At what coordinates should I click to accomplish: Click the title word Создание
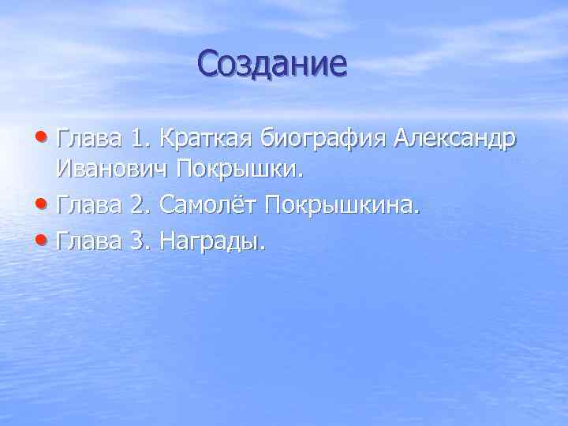pyautogui.click(x=272, y=63)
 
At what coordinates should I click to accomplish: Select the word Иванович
pyautogui.click(x=113, y=173)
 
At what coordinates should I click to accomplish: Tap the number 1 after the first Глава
pyautogui.click(x=141, y=140)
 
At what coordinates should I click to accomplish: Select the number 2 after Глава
pyautogui.click(x=141, y=207)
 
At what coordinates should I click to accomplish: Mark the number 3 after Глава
pyautogui.click(x=141, y=241)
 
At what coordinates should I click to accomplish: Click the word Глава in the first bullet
pyautogui.click(x=89, y=140)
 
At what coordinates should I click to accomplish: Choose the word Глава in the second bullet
pyautogui.click(x=89, y=207)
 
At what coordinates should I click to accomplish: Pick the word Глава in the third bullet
pyautogui.click(x=89, y=241)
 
